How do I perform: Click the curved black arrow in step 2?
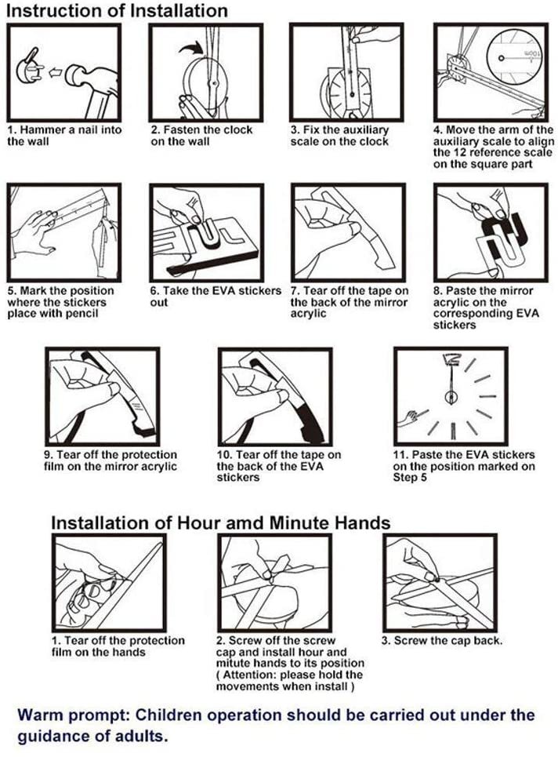(190, 48)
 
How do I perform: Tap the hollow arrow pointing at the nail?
(55, 72)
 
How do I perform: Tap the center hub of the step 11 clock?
(451, 397)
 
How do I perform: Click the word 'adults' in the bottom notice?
(139, 737)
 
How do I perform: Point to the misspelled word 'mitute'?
(234, 663)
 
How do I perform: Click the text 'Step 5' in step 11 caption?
(409, 478)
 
